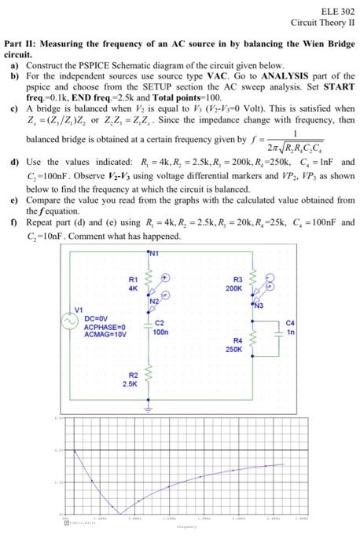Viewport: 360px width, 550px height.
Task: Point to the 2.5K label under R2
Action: [130, 384]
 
